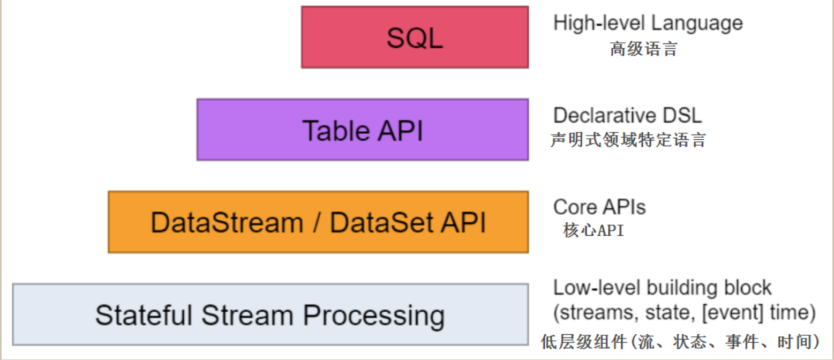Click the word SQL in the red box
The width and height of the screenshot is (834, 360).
[415, 37]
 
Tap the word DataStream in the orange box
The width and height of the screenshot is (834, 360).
[227, 223]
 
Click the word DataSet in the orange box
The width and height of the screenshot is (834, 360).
[381, 223]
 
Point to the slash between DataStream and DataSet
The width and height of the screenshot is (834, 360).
[317, 223]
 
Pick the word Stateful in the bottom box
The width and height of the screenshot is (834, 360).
[144, 316]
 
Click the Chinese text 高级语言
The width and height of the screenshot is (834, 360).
[643, 49]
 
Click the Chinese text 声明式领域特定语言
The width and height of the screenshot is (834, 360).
[628, 140]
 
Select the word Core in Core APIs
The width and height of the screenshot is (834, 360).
[575, 207]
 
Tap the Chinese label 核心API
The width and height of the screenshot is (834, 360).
[593, 230]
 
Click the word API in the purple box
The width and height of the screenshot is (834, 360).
[400, 131]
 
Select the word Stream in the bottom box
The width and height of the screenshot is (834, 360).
[247, 316]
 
